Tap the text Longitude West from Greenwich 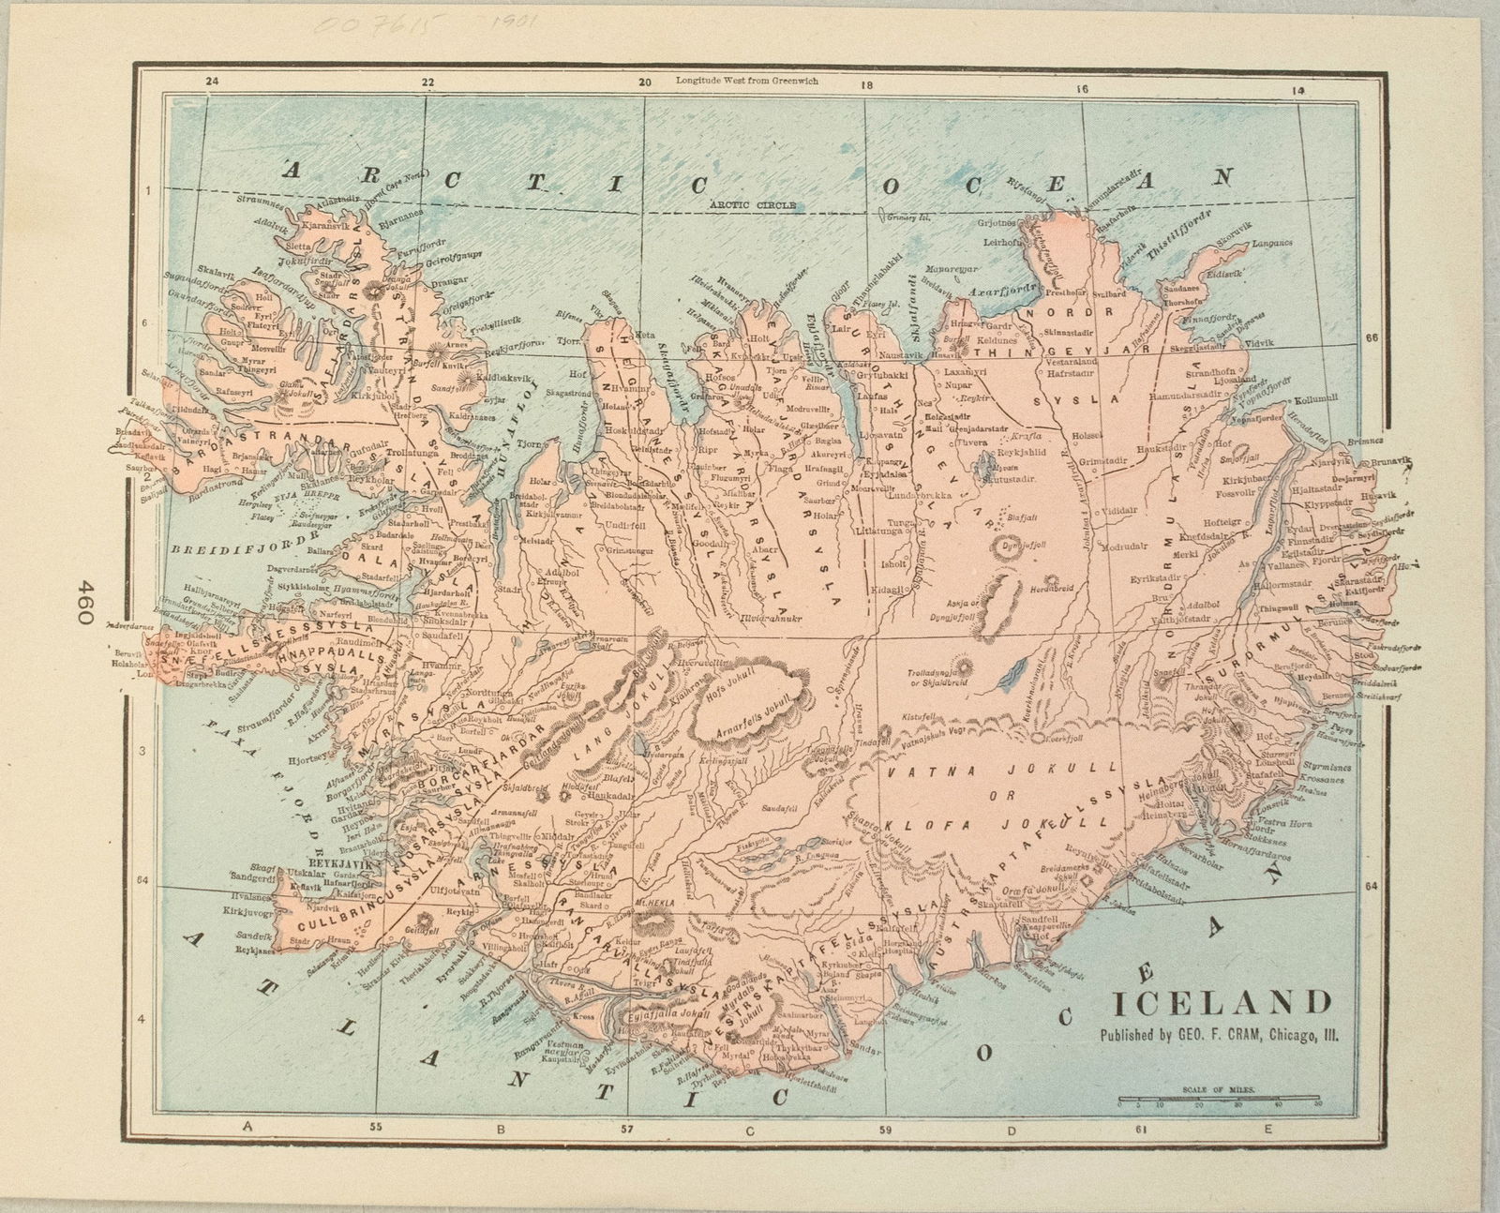click(746, 81)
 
